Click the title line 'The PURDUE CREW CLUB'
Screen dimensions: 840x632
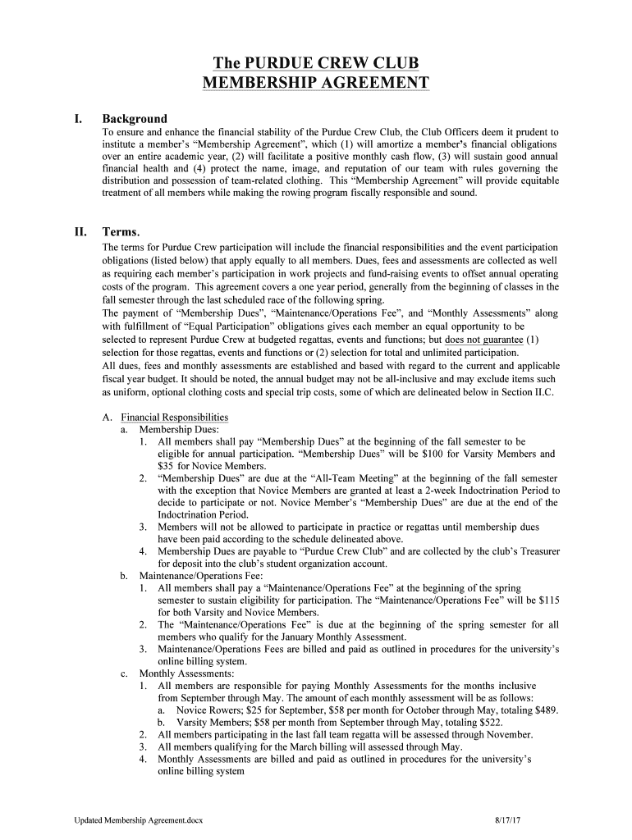coord(315,64)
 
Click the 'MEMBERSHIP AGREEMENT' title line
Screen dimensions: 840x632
coord(315,83)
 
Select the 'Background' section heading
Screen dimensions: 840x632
coord(134,118)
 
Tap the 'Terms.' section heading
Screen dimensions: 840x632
coord(121,231)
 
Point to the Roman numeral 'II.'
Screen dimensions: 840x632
coord(80,231)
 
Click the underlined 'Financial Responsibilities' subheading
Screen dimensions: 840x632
coord(174,417)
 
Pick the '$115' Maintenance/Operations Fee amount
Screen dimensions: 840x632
coord(545,600)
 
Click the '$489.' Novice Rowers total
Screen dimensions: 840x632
coord(544,710)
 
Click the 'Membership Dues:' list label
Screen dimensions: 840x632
coord(179,429)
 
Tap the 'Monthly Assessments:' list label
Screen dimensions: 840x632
coord(186,673)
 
